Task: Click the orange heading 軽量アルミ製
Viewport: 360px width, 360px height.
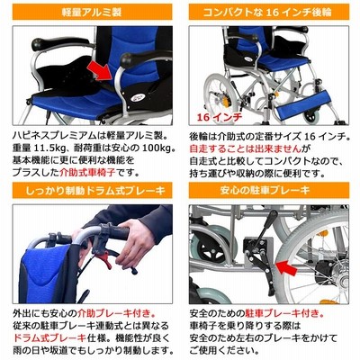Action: [x=92, y=13]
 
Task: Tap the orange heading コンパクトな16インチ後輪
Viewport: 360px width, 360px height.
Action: [x=267, y=13]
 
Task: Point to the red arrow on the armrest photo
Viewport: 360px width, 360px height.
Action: [x=100, y=71]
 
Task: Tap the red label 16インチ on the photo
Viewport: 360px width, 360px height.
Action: [x=220, y=117]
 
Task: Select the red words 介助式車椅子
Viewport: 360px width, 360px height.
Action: [x=86, y=174]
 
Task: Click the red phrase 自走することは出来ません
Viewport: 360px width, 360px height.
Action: [x=245, y=148]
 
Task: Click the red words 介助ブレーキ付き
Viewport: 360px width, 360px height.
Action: [x=116, y=313]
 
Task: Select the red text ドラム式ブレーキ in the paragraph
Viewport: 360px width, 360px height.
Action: [x=49, y=337]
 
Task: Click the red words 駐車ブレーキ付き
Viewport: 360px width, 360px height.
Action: [x=284, y=313]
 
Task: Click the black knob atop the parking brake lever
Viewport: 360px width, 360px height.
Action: [x=274, y=215]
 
